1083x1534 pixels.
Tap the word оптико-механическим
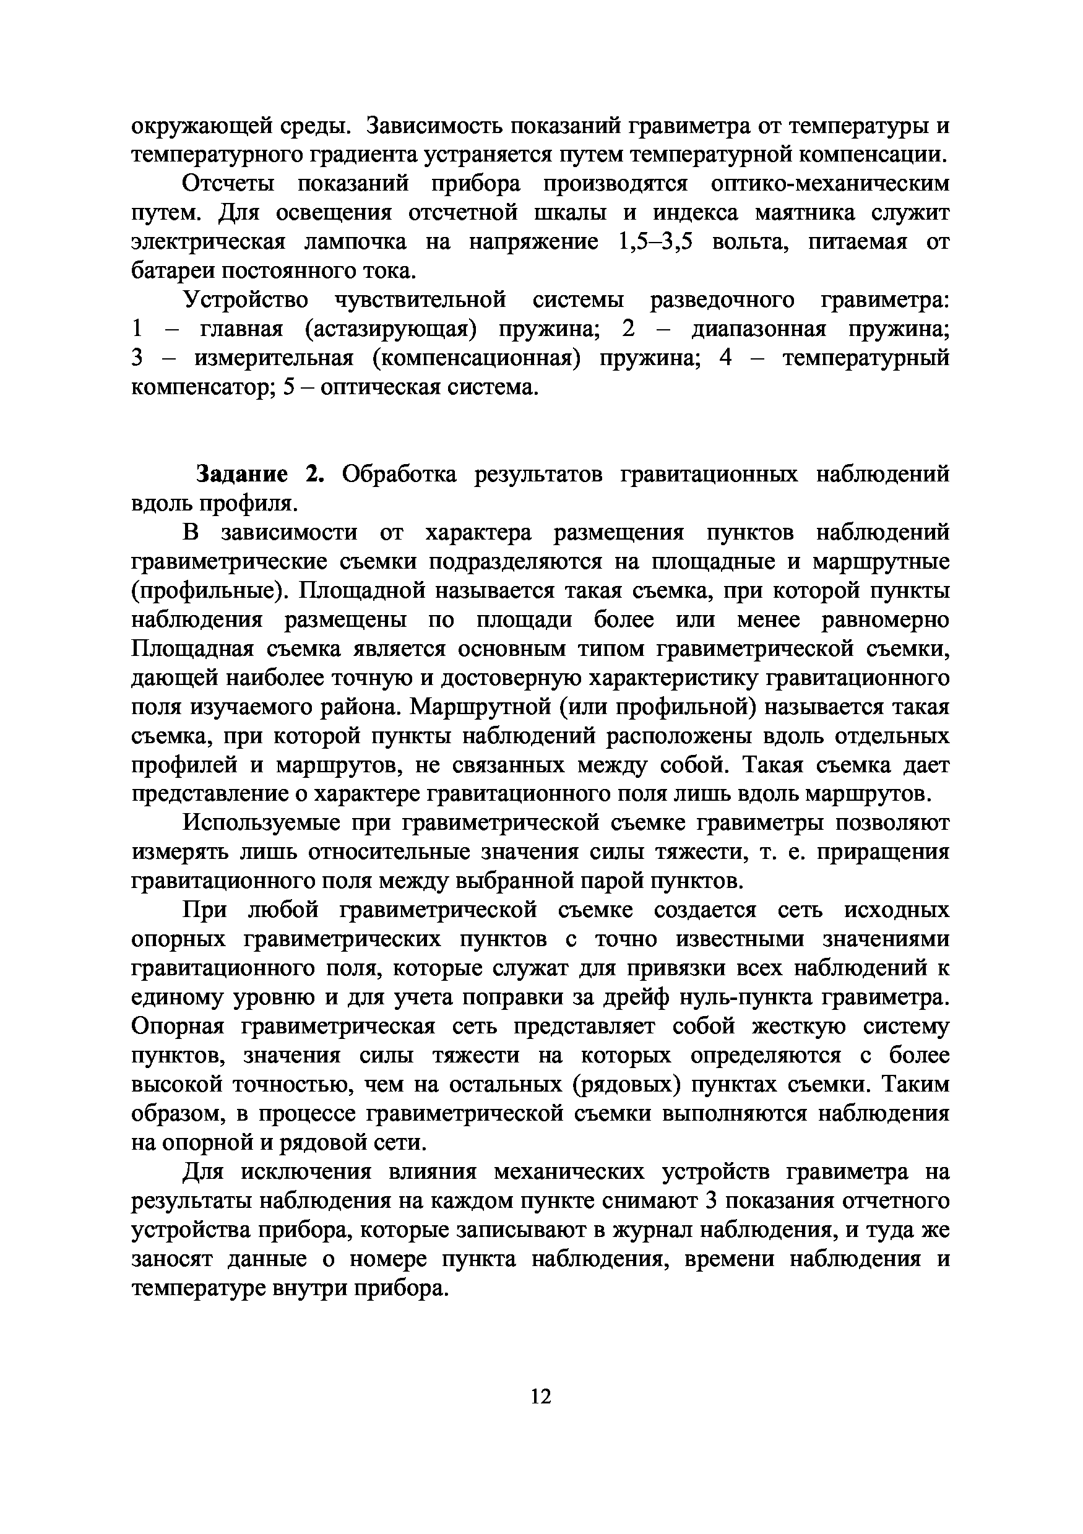(x=830, y=183)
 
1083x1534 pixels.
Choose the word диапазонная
(x=758, y=329)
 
